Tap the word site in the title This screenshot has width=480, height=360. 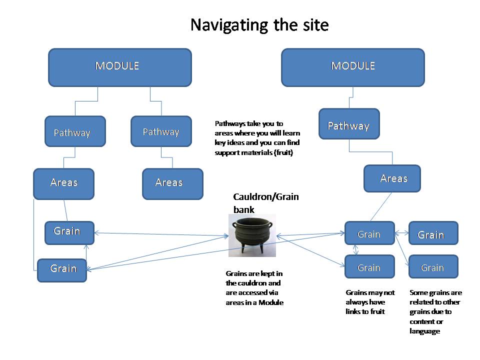click(315, 24)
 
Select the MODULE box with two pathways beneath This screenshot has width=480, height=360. click(120, 67)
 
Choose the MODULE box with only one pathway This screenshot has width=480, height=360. click(353, 67)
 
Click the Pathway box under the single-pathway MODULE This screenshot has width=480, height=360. click(349, 123)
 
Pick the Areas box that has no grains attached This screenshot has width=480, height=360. click(172, 184)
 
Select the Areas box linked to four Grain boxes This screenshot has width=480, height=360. click(392, 178)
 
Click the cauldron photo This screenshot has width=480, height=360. click(252, 235)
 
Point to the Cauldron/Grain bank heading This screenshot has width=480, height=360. click(265, 203)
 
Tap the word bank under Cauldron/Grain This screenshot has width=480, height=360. click(243, 209)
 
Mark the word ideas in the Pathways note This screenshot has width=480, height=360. click(235, 142)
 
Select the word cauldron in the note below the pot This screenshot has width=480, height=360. click(246, 283)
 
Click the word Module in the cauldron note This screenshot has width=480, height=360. click(271, 302)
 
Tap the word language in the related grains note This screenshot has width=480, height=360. click(425, 331)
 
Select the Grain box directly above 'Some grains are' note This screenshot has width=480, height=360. click(433, 266)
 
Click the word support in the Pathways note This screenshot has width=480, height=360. click(227, 153)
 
